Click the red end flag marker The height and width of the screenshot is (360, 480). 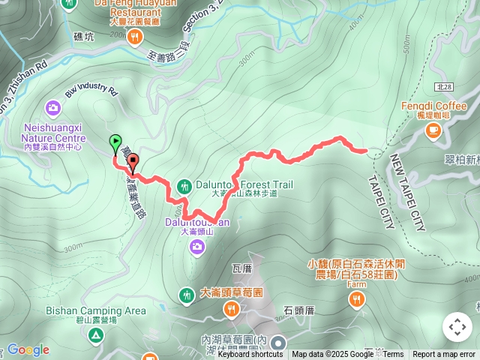pos(133,160)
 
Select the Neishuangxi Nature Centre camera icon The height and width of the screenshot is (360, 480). pos(53,108)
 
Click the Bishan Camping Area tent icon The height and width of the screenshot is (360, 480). pos(95,334)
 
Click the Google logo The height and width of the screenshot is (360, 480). pos(28,349)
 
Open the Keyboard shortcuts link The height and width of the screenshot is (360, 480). pos(250,355)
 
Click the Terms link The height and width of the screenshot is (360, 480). pos(393,355)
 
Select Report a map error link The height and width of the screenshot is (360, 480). pos(444,355)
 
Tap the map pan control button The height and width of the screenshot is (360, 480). pos(457,327)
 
